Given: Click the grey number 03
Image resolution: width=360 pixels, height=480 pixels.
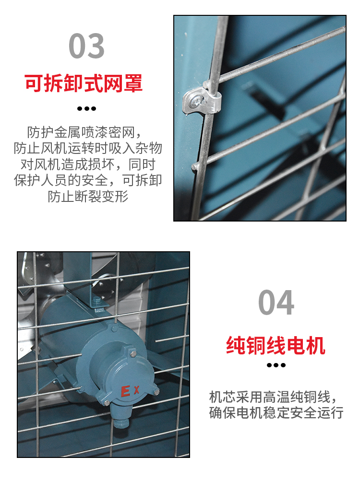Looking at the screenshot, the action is coord(86,46).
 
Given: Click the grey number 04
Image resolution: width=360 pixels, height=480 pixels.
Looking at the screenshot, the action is coord(276,303).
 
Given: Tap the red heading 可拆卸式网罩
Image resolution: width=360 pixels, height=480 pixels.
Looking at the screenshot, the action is coord(84,83).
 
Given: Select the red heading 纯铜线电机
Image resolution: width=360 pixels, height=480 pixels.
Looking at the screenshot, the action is coord(276,345).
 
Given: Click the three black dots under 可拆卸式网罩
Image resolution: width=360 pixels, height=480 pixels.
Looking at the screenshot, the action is coord(86,108).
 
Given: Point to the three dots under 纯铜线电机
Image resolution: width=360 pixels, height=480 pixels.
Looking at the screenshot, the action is coord(276,365).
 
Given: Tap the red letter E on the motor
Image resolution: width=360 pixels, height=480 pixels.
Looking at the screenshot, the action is coord(125,392).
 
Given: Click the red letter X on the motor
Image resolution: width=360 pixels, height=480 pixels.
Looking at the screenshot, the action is coord(136,390).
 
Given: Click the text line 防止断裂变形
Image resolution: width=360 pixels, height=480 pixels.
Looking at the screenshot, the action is coord(88,196).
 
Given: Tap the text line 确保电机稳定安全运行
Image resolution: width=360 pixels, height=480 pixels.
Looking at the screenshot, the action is coord(276,413).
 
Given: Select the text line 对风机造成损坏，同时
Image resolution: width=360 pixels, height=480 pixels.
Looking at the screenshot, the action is coord(88,164).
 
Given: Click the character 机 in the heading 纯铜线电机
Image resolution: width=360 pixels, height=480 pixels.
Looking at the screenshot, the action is coord(315,345).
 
